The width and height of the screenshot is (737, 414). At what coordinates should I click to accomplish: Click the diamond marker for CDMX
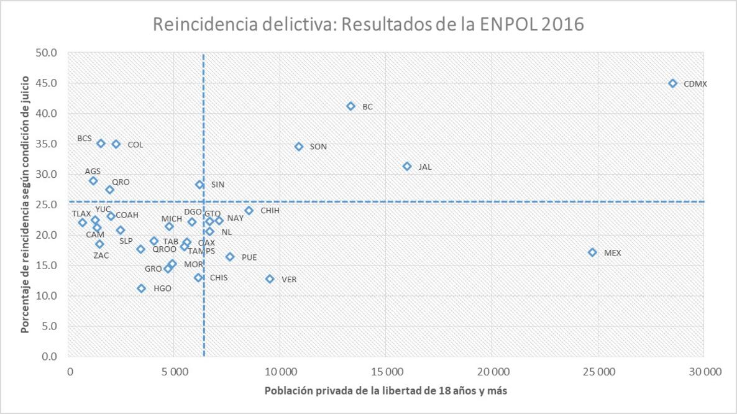tap(672, 83)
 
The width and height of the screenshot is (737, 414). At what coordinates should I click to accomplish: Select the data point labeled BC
tap(350, 106)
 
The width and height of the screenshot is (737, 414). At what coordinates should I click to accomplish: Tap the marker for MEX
tap(592, 252)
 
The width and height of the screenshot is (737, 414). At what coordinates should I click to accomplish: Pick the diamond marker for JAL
tap(407, 167)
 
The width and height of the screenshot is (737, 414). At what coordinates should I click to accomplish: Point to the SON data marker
tap(298, 147)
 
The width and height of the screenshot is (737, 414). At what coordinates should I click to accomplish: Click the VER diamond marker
tap(270, 279)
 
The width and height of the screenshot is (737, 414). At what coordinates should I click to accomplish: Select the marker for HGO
tap(141, 288)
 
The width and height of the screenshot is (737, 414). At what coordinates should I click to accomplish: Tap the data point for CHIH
tap(249, 211)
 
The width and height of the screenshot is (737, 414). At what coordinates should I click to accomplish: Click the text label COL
tap(135, 145)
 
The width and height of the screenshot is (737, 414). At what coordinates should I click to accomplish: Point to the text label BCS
tap(85, 138)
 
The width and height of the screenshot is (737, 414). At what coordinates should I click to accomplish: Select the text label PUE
tap(249, 257)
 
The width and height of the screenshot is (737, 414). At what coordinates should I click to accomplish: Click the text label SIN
tap(217, 185)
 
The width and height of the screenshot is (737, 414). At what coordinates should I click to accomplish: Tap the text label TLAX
tap(81, 214)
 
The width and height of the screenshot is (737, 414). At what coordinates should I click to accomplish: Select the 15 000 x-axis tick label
tap(386, 373)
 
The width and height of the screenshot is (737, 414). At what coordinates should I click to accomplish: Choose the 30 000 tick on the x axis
tap(703, 373)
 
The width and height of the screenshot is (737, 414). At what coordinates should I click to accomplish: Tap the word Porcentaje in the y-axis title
tap(25, 303)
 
